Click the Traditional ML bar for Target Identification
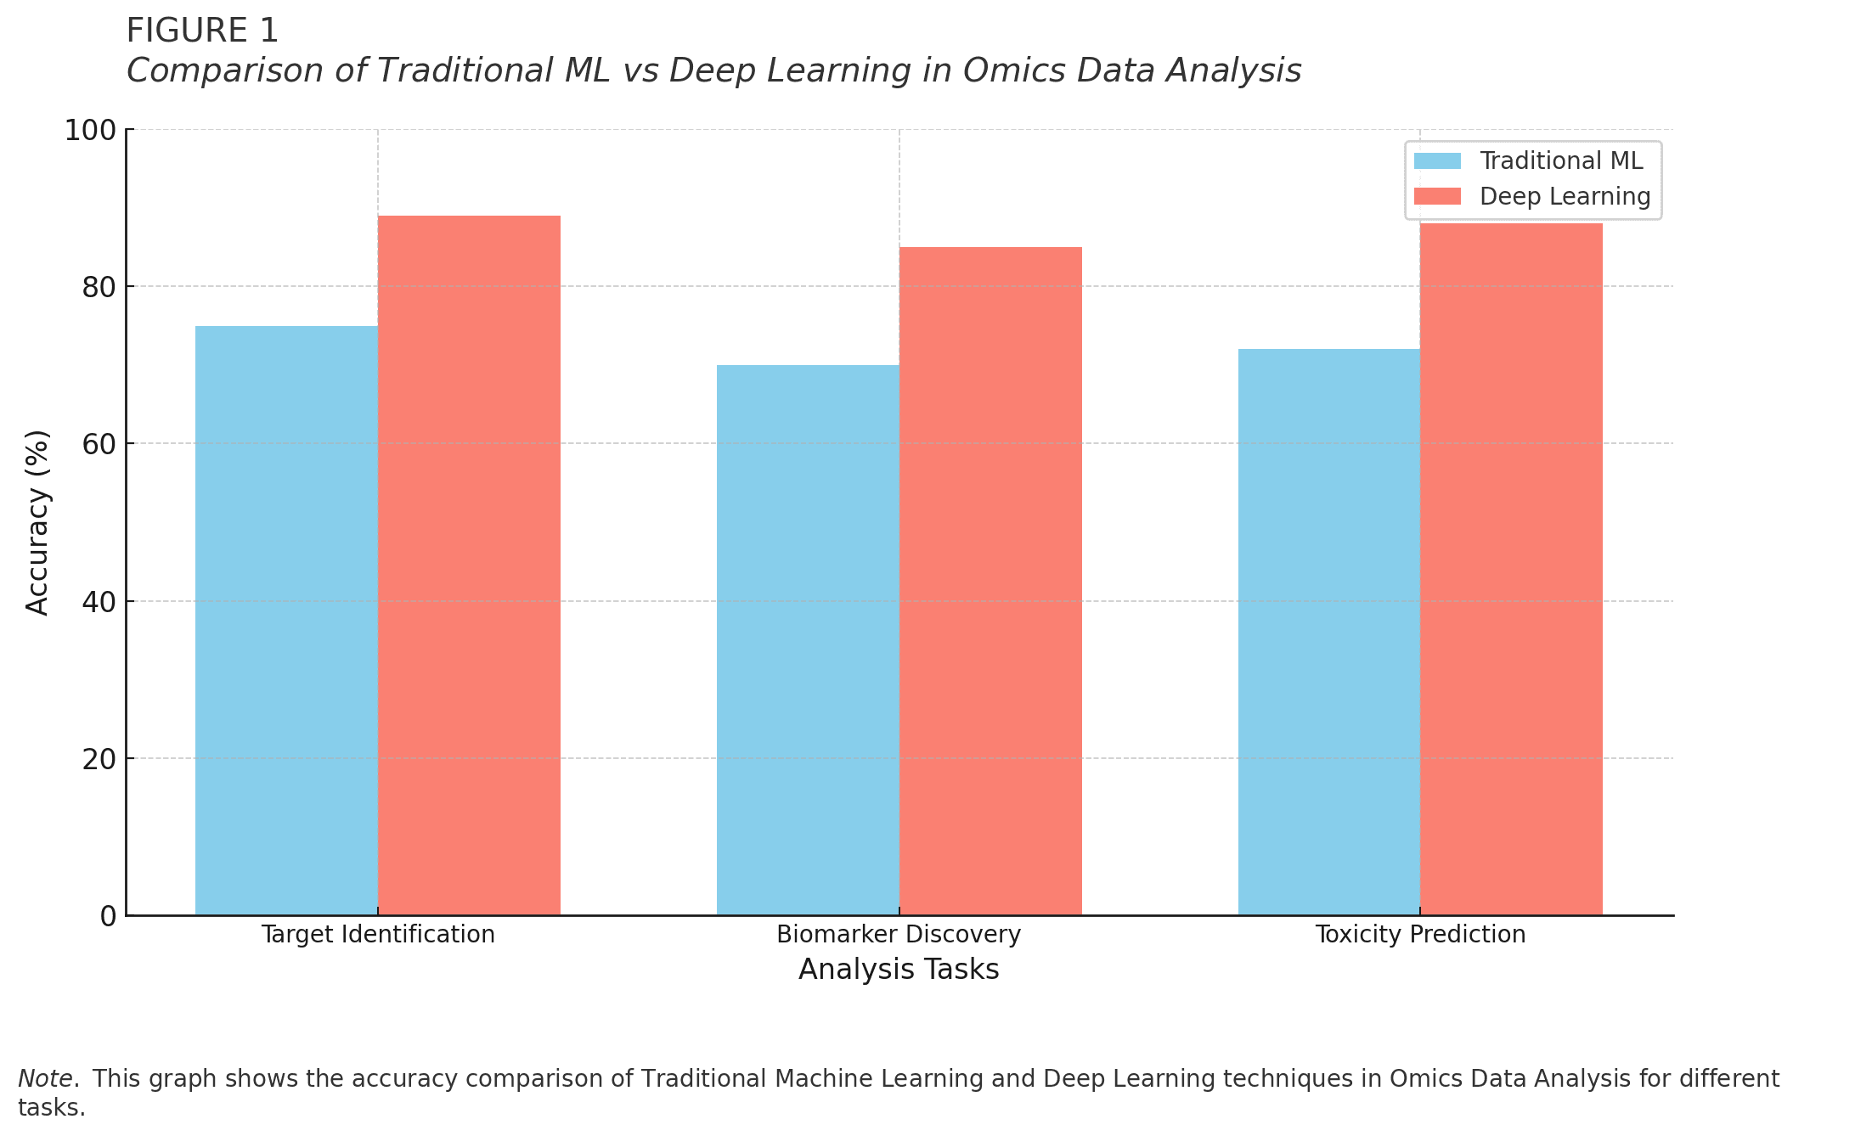tap(286, 620)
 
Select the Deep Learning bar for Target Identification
tap(469, 565)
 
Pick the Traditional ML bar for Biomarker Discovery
tap(808, 639)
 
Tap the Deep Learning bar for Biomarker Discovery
tap(990, 581)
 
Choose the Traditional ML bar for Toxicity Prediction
tap(1329, 632)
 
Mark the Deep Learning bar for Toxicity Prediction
tap(1511, 569)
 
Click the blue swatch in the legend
tap(1437, 161)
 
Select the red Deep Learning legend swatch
tap(1437, 197)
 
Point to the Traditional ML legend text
tap(1561, 161)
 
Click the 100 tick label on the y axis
tap(90, 131)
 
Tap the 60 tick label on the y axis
tap(99, 444)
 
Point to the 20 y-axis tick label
tap(99, 759)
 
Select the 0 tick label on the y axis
tap(108, 916)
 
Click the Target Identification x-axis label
tap(378, 935)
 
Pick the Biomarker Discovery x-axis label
tap(899, 935)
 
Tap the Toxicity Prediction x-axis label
tap(1420, 935)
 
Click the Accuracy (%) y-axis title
tap(38, 522)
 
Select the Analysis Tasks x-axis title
tap(899, 970)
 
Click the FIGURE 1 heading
tap(202, 31)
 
